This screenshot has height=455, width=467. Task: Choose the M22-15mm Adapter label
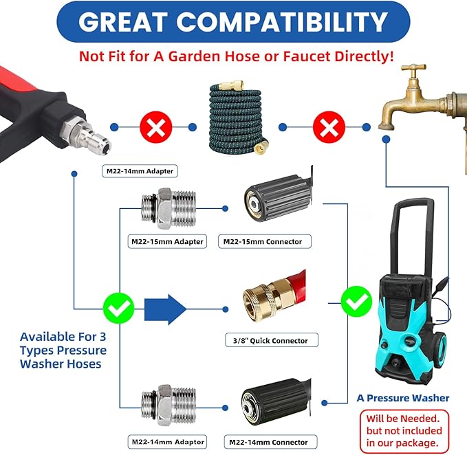(x=167, y=241)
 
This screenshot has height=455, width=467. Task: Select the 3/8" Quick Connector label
(x=267, y=340)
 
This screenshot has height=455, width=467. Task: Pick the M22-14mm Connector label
(x=267, y=442)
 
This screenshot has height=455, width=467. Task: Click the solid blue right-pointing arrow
(x=165, y=308)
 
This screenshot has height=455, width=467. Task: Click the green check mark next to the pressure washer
(x=356, y=301)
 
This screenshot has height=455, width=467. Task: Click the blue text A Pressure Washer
(x=402, y=398)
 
